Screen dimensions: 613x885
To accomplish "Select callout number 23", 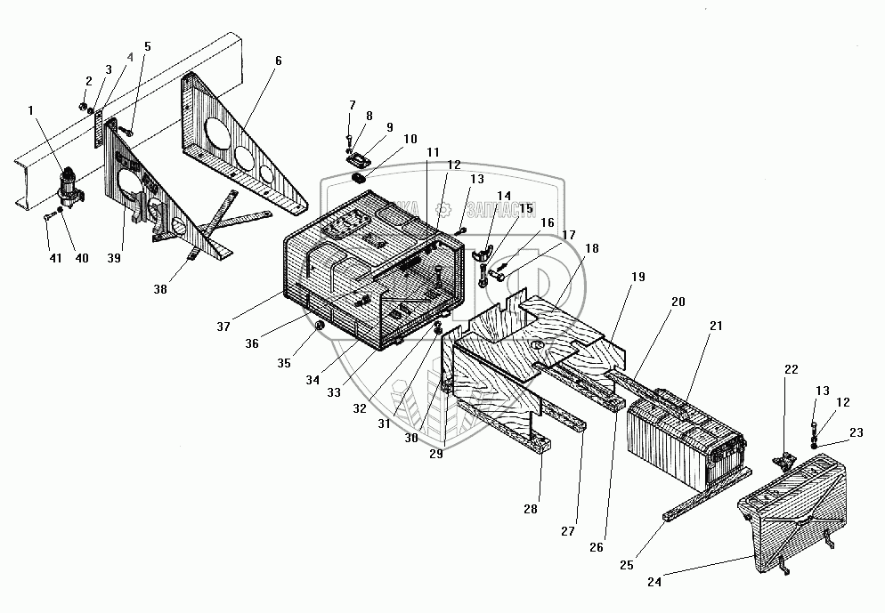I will click(856, 433).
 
